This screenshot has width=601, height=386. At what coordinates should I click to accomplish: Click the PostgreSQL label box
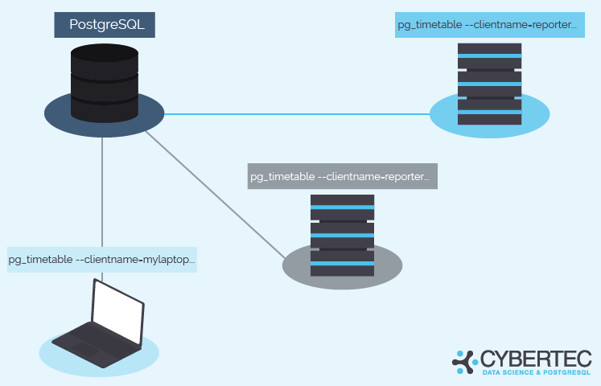click(x=105, y=25)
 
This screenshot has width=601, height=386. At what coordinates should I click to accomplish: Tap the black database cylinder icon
click(x=105, y=83)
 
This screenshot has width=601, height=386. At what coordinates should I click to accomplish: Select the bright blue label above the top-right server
click(x=490, y=25)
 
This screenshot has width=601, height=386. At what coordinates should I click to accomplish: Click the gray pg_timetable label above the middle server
click(x=342, y=176)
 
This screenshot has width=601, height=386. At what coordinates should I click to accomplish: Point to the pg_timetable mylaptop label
click(x=102, y=260)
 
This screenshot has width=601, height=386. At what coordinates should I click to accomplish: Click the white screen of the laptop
click(x=118, y=312)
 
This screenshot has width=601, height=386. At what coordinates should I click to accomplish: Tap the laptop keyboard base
click(x=96, y=345)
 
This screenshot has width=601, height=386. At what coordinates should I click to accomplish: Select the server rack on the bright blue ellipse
click(x=489, y=84)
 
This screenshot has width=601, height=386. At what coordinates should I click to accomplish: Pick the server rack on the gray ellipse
click(x=342, y=235)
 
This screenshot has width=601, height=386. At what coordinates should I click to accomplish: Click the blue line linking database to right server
click(x=297, y=114)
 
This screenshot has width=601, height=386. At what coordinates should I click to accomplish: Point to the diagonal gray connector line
click(x=216, y=195)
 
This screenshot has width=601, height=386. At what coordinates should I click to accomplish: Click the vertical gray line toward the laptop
click(x=102, y=192)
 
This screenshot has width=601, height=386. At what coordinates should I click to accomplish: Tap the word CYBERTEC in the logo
click(x=536, y=359)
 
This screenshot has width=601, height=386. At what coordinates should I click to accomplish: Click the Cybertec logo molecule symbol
click(x=465, y=362)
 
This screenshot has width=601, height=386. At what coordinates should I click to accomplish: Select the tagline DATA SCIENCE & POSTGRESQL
click(x=537, y=372)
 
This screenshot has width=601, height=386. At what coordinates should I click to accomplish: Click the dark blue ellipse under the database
click(x=105, y=115)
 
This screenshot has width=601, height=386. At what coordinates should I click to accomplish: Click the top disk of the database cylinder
click(x=105, y=53)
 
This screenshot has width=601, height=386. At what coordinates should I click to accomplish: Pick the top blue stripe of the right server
click(x=489, y=56)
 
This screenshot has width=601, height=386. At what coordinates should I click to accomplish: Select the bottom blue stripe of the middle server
click(x=342, y=264)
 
